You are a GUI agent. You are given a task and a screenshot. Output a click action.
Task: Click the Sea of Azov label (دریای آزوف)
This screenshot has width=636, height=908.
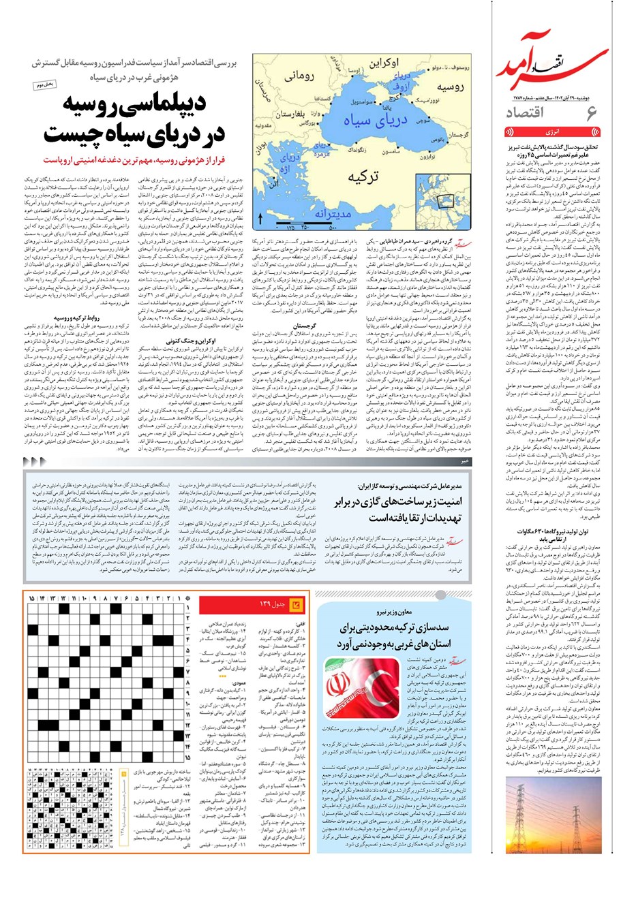[402, 82]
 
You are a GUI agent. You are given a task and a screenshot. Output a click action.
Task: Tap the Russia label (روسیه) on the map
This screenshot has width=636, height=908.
[450, 88]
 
